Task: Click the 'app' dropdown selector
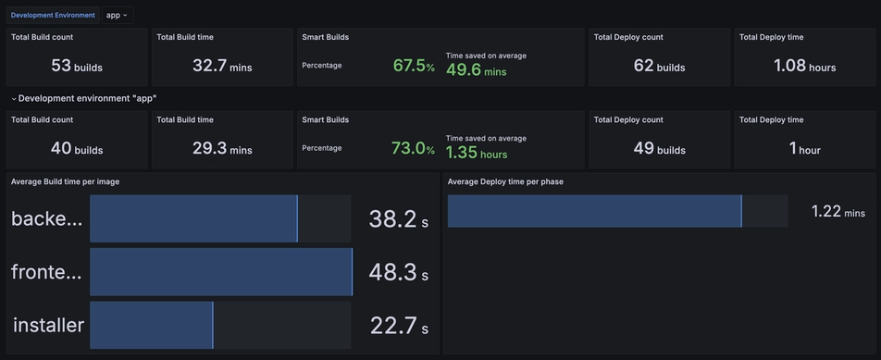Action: click(117, 15)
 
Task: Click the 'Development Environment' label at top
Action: click(53, 15)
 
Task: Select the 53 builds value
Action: click(77, 66)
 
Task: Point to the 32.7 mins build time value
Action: click(222, 66)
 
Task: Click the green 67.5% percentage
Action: click(414, 66)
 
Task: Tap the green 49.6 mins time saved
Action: click(476, 69)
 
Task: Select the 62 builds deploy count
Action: click(659, 66)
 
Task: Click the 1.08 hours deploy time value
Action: click(804, 66)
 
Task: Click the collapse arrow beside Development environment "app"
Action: click(14, 98)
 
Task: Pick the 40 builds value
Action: click(77, 148)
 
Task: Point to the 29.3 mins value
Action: click(222, 148)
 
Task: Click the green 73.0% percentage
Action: click(413, 148)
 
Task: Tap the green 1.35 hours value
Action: click(476, 153)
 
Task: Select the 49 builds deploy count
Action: click(659, 148)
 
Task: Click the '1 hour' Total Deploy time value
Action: click(804, 148)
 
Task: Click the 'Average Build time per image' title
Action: click(65, 181)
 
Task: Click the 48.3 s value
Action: click(398, 272)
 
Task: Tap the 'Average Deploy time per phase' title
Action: click(505, 181)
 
